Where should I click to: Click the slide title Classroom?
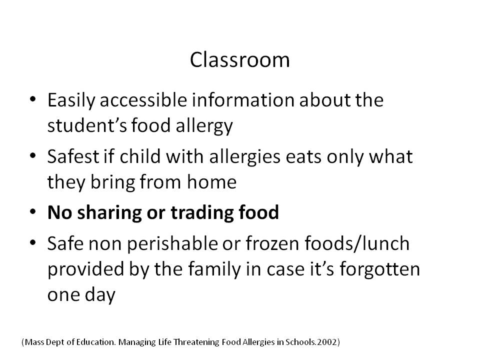point(239,59)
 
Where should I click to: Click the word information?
point(243,100)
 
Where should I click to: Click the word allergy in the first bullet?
point(204,126)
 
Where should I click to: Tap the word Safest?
point(73,156)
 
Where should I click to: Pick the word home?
point(211,182)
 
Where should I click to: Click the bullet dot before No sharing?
point(33,212)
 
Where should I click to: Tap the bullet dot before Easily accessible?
point(33,99)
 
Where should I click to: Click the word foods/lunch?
point(357,243)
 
